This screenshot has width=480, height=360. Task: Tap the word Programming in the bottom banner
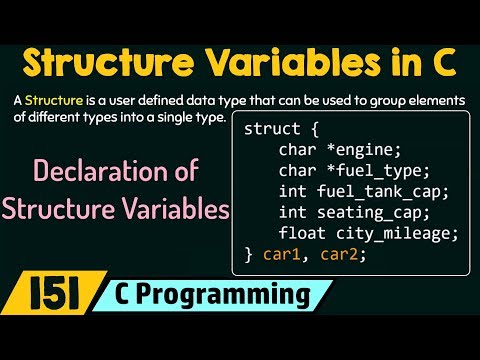246,297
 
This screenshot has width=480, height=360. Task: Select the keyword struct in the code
269,130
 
